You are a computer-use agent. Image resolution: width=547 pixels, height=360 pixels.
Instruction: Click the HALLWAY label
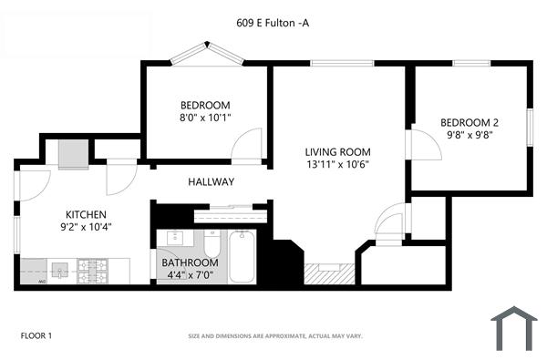(211, 182)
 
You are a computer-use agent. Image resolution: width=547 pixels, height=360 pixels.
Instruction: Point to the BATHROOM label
(189, 262)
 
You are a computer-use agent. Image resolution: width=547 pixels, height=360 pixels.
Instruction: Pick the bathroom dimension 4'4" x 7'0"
(189, 273)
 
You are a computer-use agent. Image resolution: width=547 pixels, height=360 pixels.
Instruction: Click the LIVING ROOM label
(337, 151)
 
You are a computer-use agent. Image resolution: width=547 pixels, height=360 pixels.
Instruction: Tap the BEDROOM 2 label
(470, 122)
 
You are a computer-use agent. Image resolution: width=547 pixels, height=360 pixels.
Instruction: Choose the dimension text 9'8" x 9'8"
(470, 135)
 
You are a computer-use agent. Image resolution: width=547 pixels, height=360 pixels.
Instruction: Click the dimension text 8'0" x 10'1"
(204, 117)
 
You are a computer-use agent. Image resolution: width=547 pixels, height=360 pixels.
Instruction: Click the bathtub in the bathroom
(242, 257)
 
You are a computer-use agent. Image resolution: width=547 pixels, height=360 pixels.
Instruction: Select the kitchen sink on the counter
(60, 270)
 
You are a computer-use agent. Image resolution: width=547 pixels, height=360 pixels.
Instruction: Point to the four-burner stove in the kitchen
(90, 270)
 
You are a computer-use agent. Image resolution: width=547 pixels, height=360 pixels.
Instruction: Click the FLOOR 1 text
(36, 336)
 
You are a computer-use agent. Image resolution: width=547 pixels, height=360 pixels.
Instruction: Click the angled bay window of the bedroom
(207, 52)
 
